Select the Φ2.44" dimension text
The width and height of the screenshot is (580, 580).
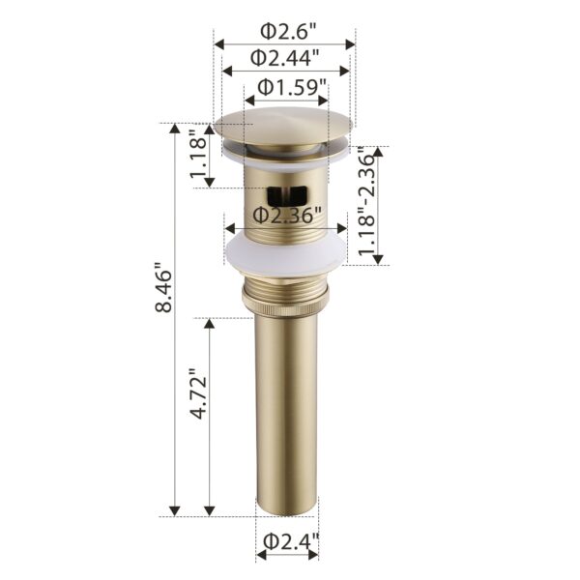pos(285,57)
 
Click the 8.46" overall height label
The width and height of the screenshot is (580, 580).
pos(165,290)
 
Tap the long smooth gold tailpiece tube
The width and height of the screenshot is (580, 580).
pos(286,406)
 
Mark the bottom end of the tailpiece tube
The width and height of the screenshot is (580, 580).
pos(286,508)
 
